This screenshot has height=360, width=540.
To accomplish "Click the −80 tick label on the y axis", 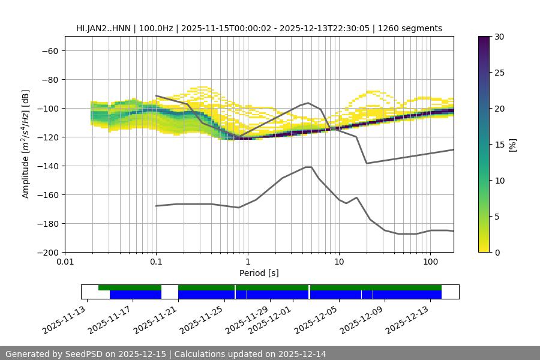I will [49, 80].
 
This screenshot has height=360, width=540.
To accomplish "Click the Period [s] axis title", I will [259, 273].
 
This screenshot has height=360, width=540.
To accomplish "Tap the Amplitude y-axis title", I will [26, 144].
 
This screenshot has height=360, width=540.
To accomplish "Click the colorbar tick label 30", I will [499, 37].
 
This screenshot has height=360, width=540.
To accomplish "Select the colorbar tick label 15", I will [499, 145].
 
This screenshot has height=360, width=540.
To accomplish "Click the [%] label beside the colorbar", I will [512, 145].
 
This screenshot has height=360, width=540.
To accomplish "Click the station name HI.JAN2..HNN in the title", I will [102, 28].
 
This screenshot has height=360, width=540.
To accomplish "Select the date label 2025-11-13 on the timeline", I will [64, 322].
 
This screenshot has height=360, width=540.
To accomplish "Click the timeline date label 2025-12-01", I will [271, 322].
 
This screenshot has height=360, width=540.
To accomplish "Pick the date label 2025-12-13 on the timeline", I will [408, 322].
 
